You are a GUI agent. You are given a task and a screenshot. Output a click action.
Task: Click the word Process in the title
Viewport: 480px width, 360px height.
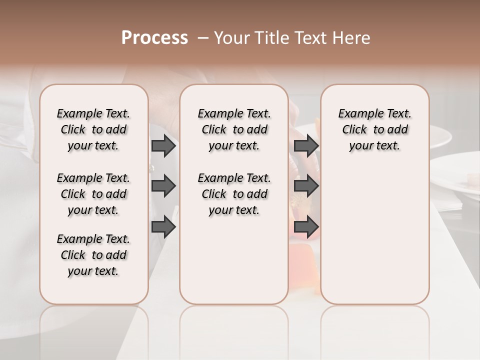(154, 38)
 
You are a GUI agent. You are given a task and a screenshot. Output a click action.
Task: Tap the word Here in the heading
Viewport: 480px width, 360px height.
(351, 38)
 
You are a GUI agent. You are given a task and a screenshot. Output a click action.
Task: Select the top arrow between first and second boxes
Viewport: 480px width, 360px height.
(163, 146)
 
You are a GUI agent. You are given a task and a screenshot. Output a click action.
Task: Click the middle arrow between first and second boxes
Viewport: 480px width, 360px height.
(163, 186)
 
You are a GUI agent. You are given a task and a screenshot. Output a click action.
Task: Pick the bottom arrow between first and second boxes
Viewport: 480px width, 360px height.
(163, 227)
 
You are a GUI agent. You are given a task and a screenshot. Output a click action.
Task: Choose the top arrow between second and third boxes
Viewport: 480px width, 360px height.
(306, 146)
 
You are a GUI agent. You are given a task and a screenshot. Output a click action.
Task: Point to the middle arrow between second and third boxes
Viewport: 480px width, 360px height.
(306, 186)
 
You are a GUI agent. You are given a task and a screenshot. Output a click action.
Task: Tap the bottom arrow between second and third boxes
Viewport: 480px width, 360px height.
(306, 227)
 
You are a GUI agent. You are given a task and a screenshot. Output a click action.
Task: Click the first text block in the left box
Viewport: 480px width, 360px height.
(93, 129)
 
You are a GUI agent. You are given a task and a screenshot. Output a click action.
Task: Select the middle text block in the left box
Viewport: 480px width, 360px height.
(93, 194)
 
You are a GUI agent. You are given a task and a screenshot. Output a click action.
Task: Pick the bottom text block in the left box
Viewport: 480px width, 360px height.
(93, 255)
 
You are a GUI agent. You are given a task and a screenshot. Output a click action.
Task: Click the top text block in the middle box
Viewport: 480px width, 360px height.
(234, 129)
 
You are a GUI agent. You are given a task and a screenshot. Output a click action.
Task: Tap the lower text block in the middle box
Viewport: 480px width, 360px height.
(234, 194)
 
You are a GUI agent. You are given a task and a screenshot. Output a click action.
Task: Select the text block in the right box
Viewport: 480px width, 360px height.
(374, 129)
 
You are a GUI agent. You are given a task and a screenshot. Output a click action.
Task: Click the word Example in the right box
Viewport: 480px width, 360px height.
(357, 114)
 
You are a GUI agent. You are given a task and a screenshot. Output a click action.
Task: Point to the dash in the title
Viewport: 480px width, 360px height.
(202, 38)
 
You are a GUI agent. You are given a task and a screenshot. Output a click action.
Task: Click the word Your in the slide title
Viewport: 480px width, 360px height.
(232, 38)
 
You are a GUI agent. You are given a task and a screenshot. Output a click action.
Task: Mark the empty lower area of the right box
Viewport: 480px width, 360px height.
(374, 230)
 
